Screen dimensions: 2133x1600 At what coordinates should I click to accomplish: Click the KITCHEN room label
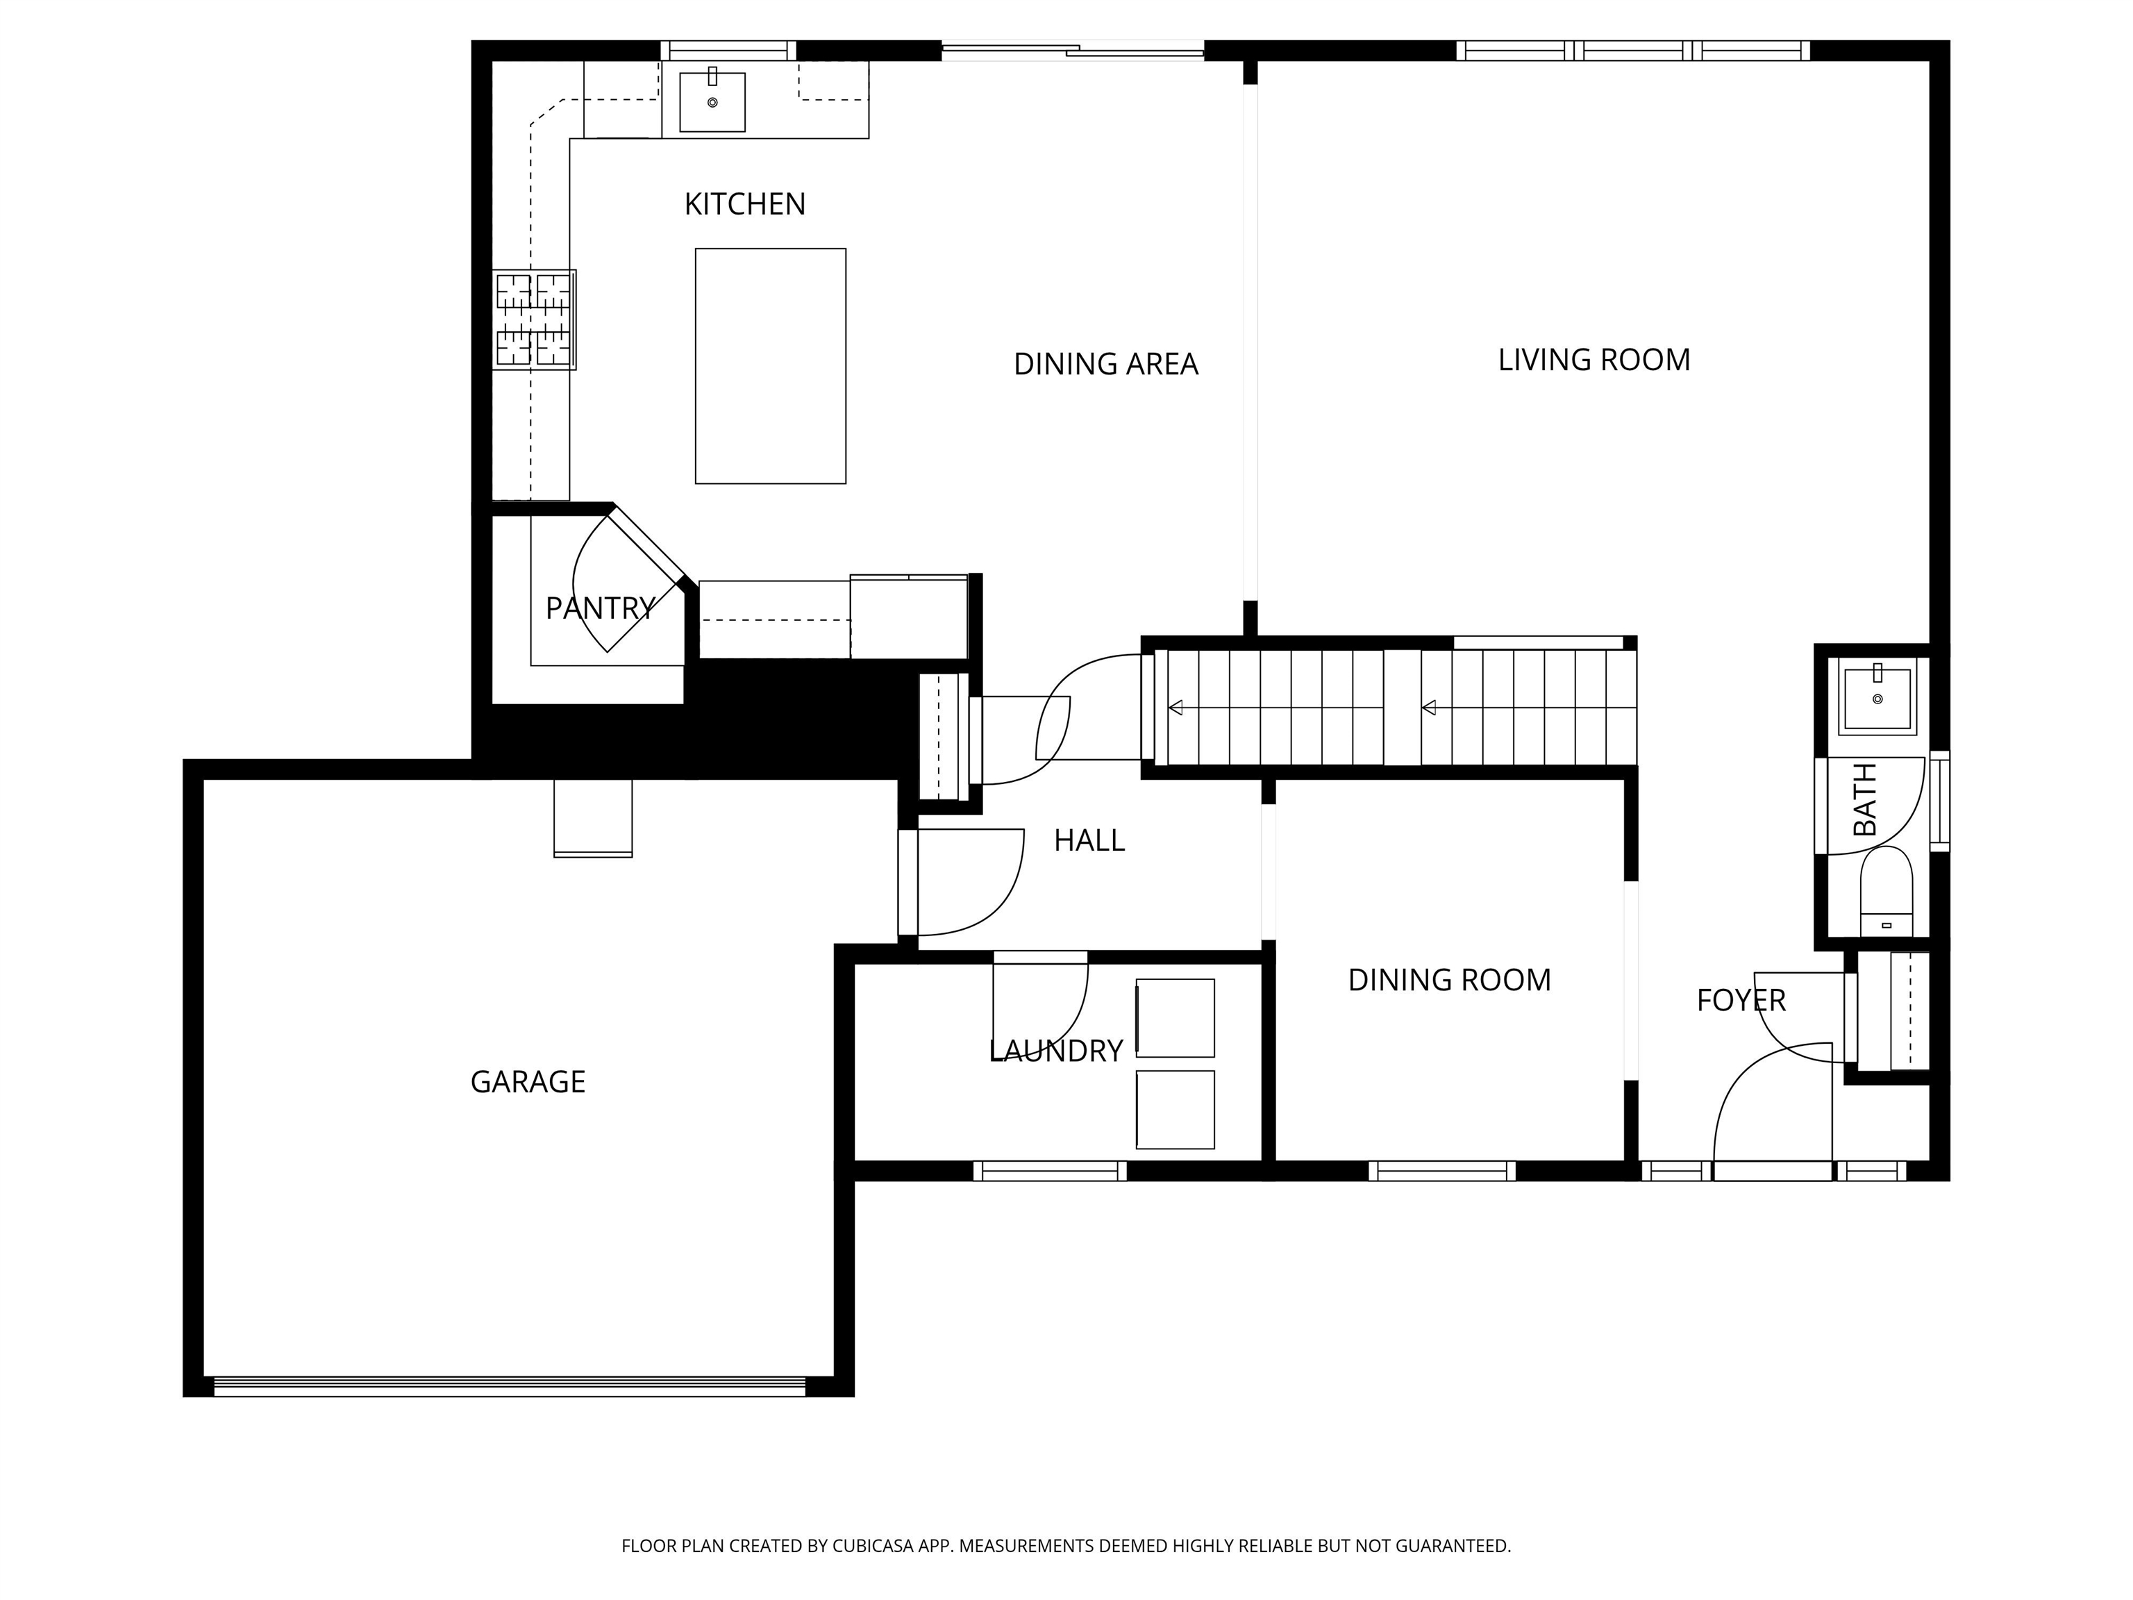point(744,204)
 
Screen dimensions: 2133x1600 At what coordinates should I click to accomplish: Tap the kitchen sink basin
point(712,102)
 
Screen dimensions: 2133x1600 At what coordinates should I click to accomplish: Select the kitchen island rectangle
point(771,367)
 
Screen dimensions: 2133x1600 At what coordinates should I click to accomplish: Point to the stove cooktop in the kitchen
point(534,319)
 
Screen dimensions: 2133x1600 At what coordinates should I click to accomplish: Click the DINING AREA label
point(1105,365)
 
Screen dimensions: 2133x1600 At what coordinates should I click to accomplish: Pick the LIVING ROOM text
point(1594,360)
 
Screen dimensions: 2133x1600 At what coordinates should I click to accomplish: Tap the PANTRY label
point(600,608)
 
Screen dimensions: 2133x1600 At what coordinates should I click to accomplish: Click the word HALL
point(1089,841)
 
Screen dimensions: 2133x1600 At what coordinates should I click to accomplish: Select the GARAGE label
point(528,1082)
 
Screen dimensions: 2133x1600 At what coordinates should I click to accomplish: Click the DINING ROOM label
point(1449,980)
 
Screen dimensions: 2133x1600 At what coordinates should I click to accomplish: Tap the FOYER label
point(1741,1000)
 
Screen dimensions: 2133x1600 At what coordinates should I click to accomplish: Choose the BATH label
point(1866,799)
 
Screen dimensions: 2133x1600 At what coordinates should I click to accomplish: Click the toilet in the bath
point(1886,892)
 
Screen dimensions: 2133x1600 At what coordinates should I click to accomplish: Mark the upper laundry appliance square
point(1175,1019)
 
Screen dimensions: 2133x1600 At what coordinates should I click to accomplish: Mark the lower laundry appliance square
point(1175,1110)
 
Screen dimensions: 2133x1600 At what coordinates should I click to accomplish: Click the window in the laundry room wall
point(1049,1171)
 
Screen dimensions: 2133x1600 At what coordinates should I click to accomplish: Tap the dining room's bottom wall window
point(1441,1171)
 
